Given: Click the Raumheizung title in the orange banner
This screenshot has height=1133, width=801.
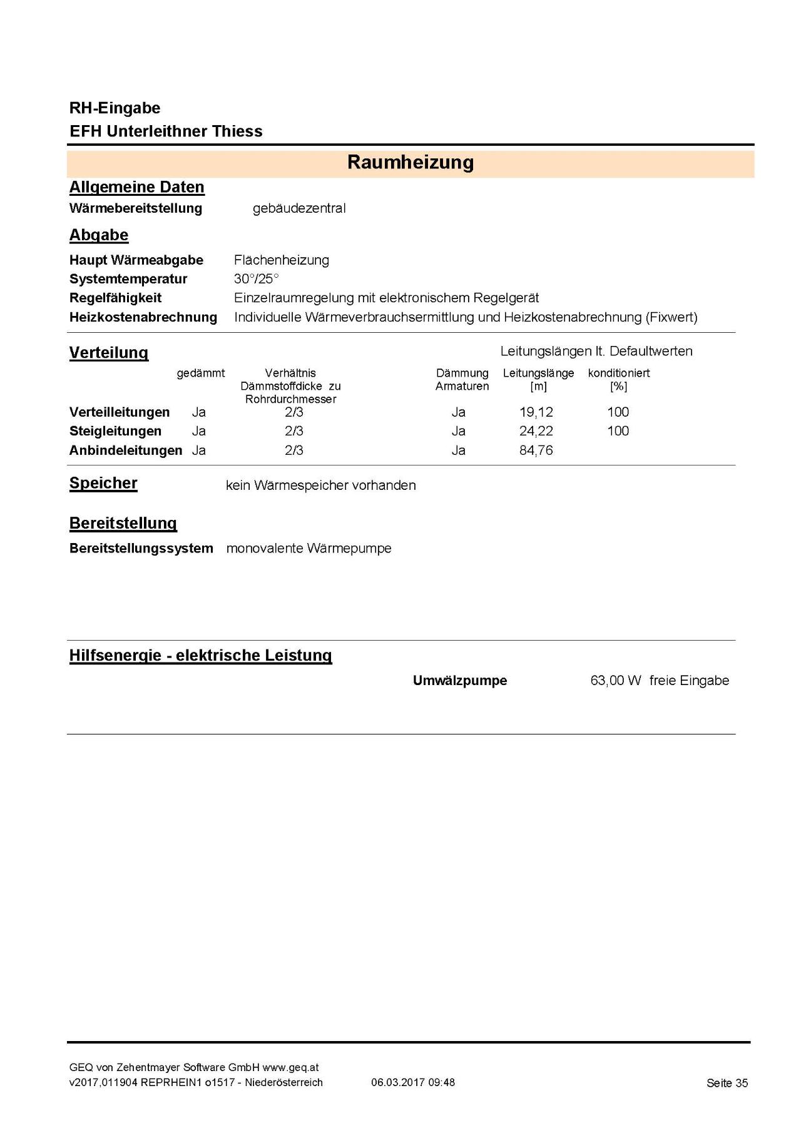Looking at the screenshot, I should pos(411,163).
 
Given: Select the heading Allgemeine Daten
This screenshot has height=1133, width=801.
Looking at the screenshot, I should pos(136,188).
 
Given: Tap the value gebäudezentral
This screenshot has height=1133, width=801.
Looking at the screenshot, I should pos(299,208).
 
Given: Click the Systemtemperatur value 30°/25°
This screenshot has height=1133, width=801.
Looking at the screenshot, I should pos(257,279).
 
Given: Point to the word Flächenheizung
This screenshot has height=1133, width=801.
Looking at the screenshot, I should pos(282,260).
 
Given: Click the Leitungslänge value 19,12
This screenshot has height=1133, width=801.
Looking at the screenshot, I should pos(536,412).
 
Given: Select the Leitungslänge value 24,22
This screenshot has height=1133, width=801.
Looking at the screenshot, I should pos(536,431).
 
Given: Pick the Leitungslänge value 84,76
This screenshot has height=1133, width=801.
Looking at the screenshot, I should pos(536,450).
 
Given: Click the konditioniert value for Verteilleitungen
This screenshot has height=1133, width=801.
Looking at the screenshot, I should pos(618,412).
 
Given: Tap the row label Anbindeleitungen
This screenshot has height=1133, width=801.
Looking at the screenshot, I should pos(126,450).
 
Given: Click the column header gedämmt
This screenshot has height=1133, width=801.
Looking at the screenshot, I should pos(200,373).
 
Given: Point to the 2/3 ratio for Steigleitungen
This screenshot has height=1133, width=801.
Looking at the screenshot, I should pos(294,431).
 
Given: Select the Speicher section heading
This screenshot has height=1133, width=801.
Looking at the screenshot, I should pos(103,484).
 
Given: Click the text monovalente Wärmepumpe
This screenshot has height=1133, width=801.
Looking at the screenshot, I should pos(309,549).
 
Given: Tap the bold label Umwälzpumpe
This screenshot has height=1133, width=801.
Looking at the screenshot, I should pos(460,681).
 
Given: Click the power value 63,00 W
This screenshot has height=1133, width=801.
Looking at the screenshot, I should pos(616,681).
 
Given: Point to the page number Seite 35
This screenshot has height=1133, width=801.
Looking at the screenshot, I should pos(727,1083).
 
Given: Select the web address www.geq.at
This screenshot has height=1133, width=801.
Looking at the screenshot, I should pos(290,1067).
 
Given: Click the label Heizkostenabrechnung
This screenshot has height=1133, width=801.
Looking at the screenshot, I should pos(143,317).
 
